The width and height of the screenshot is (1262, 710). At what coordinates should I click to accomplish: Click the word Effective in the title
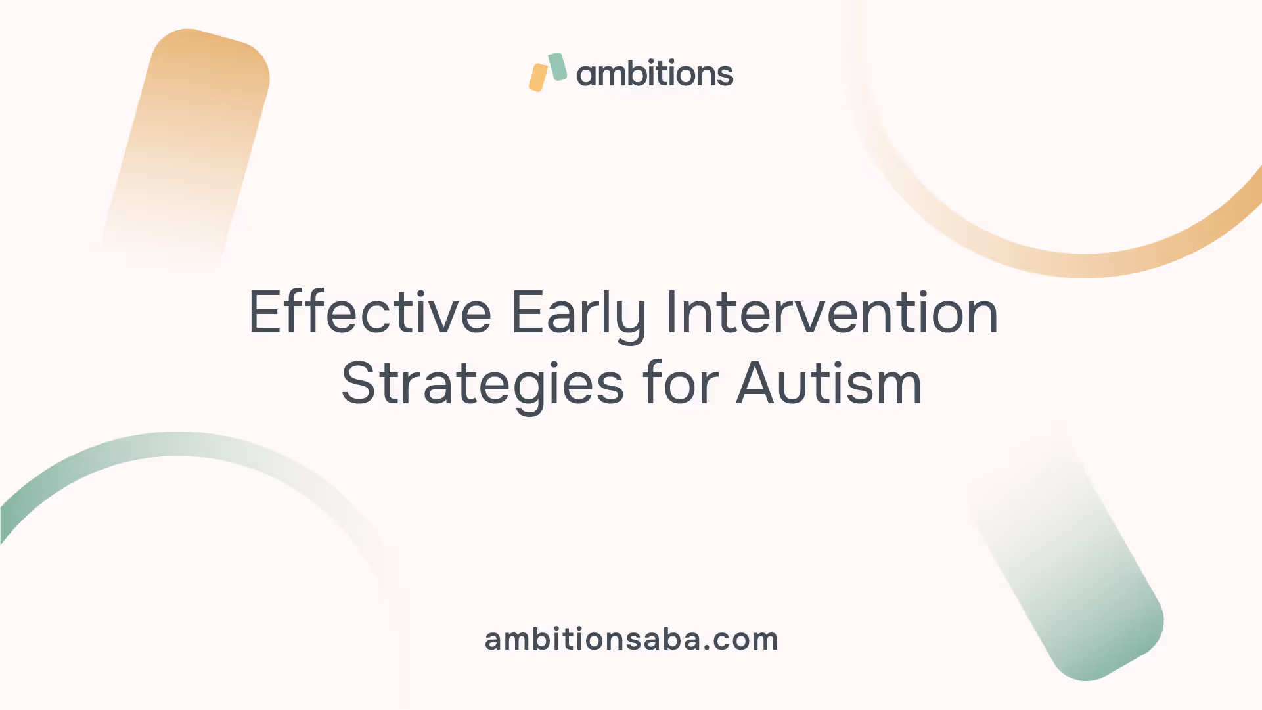click(x=370, y=312)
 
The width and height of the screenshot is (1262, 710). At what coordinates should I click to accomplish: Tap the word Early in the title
click(x=579, y=316)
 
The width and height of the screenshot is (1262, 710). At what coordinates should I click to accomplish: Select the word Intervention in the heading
click(x=832, y=312)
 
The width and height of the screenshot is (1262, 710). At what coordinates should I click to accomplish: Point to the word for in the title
click(x=681, y=382)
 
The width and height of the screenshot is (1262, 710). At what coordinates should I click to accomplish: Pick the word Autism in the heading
click(x=829, y=383)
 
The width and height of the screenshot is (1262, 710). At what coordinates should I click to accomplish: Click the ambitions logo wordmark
click(x=654, y=73)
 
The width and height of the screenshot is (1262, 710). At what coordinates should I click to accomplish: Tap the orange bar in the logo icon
click(x=538, y=78)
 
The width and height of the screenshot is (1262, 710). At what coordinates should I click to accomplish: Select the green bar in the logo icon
click(x=558, y=67)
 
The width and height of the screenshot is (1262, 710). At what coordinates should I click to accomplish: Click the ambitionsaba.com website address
click(x=631, y=639)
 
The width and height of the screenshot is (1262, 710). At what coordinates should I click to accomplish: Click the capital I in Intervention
click(x=671, y=313)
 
